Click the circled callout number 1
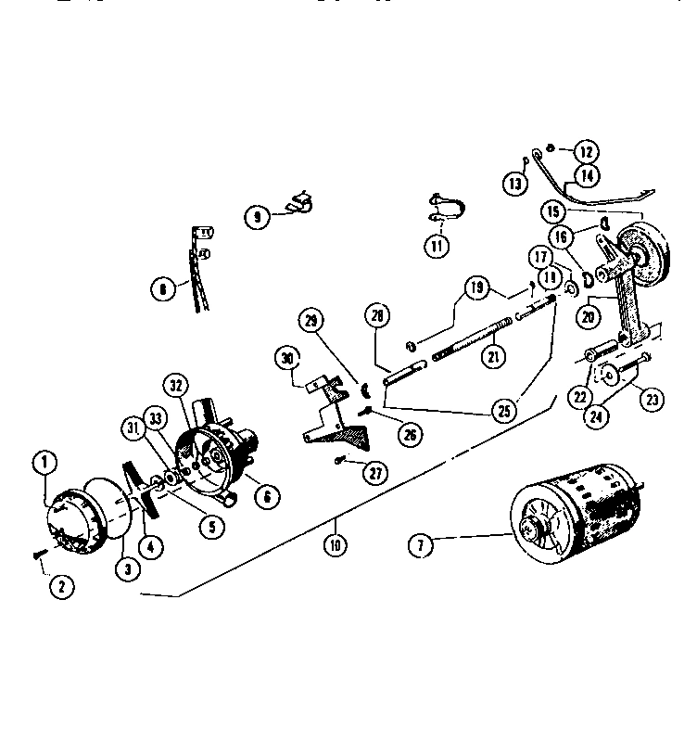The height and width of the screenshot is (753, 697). pos(42,460)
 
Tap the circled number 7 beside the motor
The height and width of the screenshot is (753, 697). pos(422,545)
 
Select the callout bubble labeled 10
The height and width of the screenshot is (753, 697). pos(335,544)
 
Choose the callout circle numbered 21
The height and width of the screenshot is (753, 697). pos(494,356)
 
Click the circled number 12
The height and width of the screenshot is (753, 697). pos(585,151)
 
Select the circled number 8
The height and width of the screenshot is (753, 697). pos(163,288)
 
